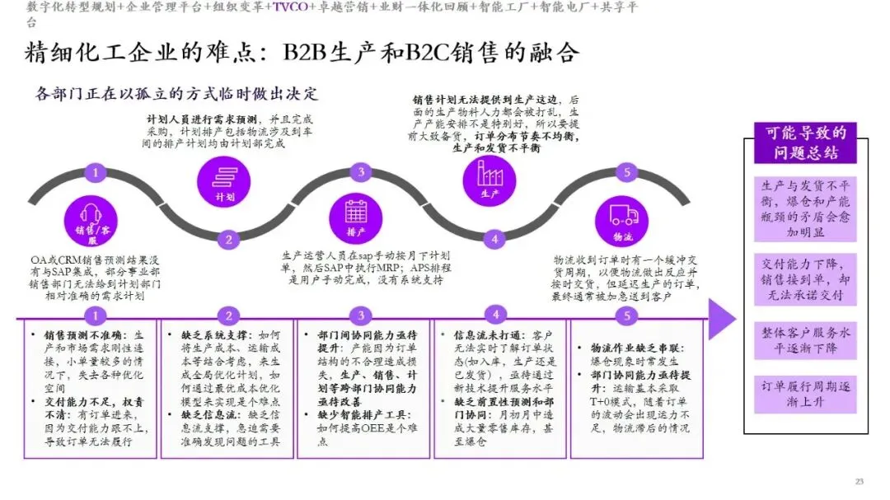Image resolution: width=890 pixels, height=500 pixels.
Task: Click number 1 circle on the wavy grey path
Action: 96,172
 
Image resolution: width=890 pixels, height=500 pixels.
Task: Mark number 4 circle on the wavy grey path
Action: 494,240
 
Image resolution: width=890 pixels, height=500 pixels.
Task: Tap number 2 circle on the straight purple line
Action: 227,315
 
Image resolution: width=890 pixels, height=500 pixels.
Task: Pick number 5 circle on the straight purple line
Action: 628,315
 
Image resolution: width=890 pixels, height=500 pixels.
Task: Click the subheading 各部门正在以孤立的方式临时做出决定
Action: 176,93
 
